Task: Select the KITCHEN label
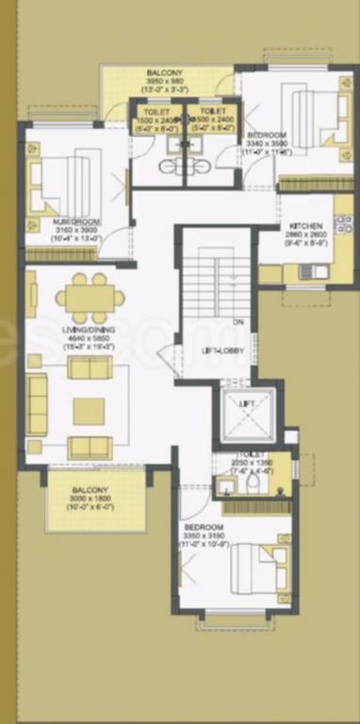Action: coord(306,227)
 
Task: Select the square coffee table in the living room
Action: coord(90,410)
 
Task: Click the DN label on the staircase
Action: coord(238,322)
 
